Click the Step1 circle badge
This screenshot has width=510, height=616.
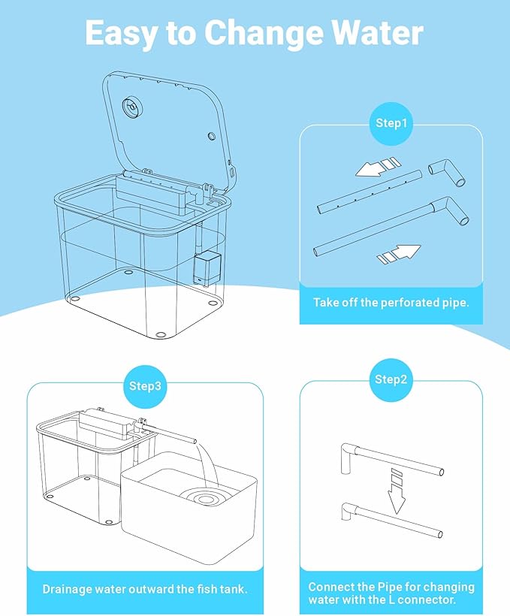[x=391, y=123]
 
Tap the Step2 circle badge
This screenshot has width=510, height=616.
[x=391, y=379]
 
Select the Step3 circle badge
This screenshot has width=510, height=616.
[x=146, y=386]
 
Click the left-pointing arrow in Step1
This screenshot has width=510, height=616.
[x=377, y=167]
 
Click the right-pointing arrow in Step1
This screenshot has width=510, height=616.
[x=399, y=253]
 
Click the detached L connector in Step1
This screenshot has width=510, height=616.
[x=447, y=172]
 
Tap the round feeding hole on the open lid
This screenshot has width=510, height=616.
[x=131, y=107]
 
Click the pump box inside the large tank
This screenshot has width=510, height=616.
[x=207, y=268]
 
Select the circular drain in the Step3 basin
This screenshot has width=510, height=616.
[x=204, y=499]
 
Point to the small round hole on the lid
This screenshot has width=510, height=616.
[x=211, y=136]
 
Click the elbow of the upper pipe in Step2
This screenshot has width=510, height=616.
[x=349, y=451]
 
